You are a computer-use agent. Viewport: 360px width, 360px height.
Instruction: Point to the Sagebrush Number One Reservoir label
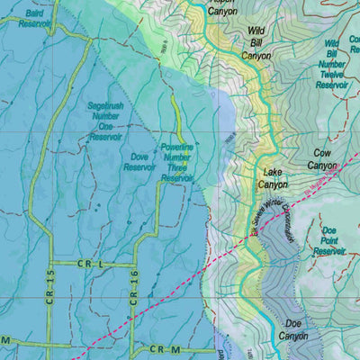coord(104,121)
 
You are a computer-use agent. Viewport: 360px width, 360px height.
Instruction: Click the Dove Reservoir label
coord(140,161)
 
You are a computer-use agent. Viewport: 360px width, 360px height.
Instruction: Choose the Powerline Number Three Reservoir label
coord(177,161)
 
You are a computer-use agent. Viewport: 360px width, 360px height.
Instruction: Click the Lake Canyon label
coord(274,177)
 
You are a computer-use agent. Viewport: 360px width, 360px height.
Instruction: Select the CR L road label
coord(92,265)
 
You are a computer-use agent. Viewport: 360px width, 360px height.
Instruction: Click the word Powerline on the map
coord(178,147)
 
